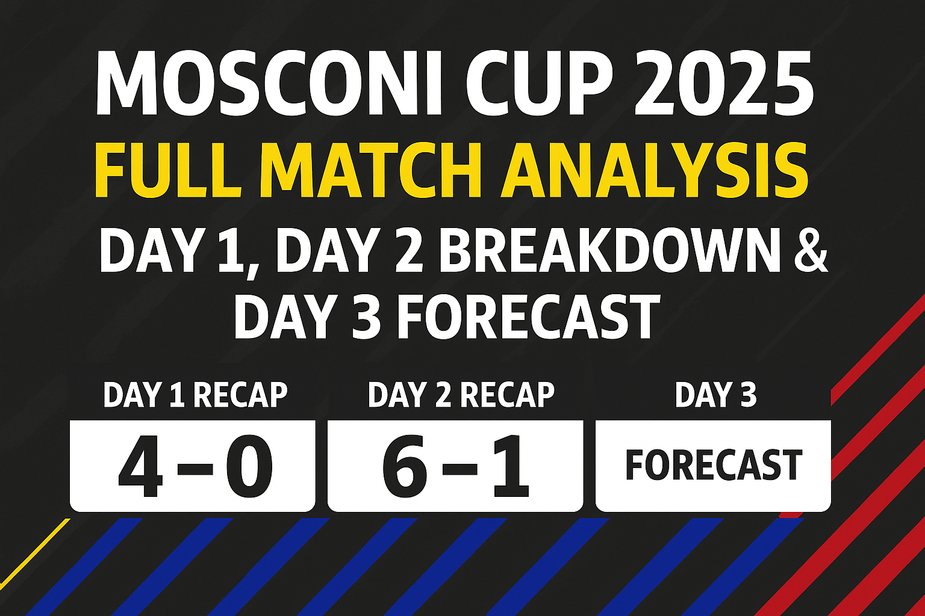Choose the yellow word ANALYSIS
[x=653, y=170]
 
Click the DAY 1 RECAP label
[x=195, y=395]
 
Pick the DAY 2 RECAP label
[x=461, y=395]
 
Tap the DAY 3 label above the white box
[x=715, y=395]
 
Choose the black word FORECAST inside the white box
[x=714, y=465]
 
